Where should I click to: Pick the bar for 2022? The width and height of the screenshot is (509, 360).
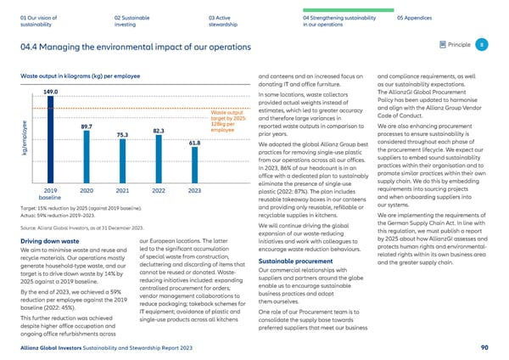(158, 160)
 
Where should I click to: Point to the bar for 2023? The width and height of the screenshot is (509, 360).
(193, 166)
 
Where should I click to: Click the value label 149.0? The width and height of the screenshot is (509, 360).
(50, 92)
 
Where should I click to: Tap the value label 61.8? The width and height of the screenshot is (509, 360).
(194, 143)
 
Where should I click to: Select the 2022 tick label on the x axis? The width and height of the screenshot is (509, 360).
(158, 191)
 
